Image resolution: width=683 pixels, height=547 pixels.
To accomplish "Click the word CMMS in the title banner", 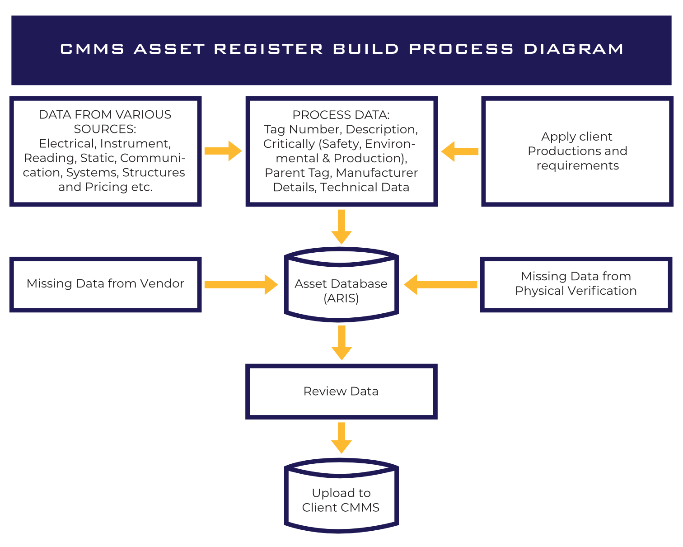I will coord(92,49).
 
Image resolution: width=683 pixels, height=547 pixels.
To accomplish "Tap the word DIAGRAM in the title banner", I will coord(574,49).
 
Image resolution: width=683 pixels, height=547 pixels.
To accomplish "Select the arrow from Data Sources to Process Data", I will coord(223,151).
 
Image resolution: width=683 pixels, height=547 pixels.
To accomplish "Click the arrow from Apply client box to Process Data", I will coord(459,151).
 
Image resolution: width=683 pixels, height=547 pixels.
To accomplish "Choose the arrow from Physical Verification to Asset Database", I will coord(440,284).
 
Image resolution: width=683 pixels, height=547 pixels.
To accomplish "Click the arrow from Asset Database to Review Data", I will coord(341,343).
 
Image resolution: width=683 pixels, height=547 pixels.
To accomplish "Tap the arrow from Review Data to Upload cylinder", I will coord(341,438).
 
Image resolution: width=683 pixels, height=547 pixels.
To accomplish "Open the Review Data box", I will coord(341,391).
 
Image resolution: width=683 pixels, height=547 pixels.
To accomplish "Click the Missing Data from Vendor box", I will coord(105,284).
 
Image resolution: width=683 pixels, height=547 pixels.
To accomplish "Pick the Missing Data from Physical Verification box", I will coord(576,284).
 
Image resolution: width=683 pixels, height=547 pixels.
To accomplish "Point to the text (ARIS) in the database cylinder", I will coord(341,298).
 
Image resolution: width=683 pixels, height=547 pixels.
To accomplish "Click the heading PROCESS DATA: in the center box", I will coord(341,115).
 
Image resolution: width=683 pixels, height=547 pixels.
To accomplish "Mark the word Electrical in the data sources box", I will coord(67,144).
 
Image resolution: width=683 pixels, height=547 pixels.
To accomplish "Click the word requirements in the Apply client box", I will coord(578,165).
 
